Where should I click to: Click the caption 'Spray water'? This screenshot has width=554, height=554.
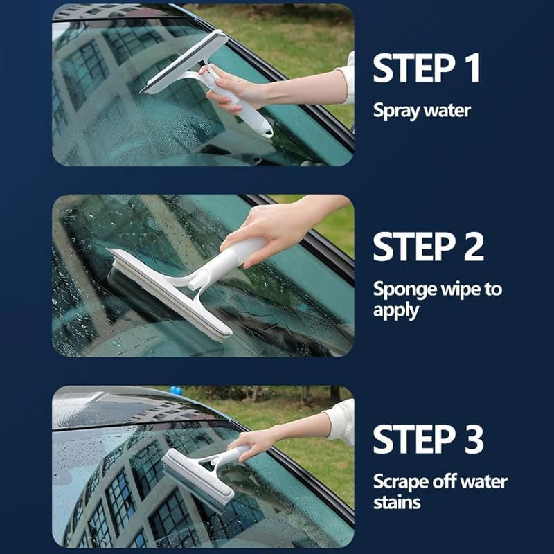click(x=422, y=110)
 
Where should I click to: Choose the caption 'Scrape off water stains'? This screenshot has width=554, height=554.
click(x=440, y=491)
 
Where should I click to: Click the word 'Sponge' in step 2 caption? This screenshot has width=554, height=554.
click(x=402, y=289)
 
